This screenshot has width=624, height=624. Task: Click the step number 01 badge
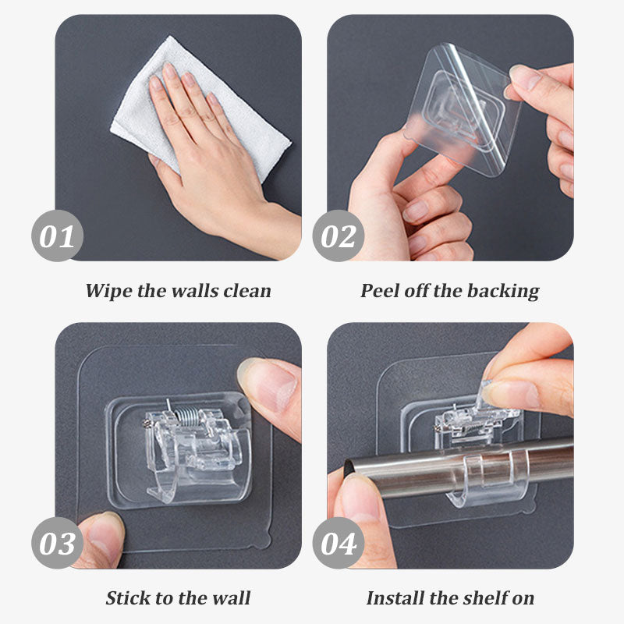click(x=57, y=235)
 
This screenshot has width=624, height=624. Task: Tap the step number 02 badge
click(x=338, y=235)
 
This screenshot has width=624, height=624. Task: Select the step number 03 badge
click(x=57, y=543)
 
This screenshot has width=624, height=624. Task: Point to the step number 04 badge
click(x=338, y=543)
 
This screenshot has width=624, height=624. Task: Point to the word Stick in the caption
click(x=126, y=598)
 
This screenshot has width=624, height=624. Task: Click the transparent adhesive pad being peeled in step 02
click(x=460, y=109)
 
